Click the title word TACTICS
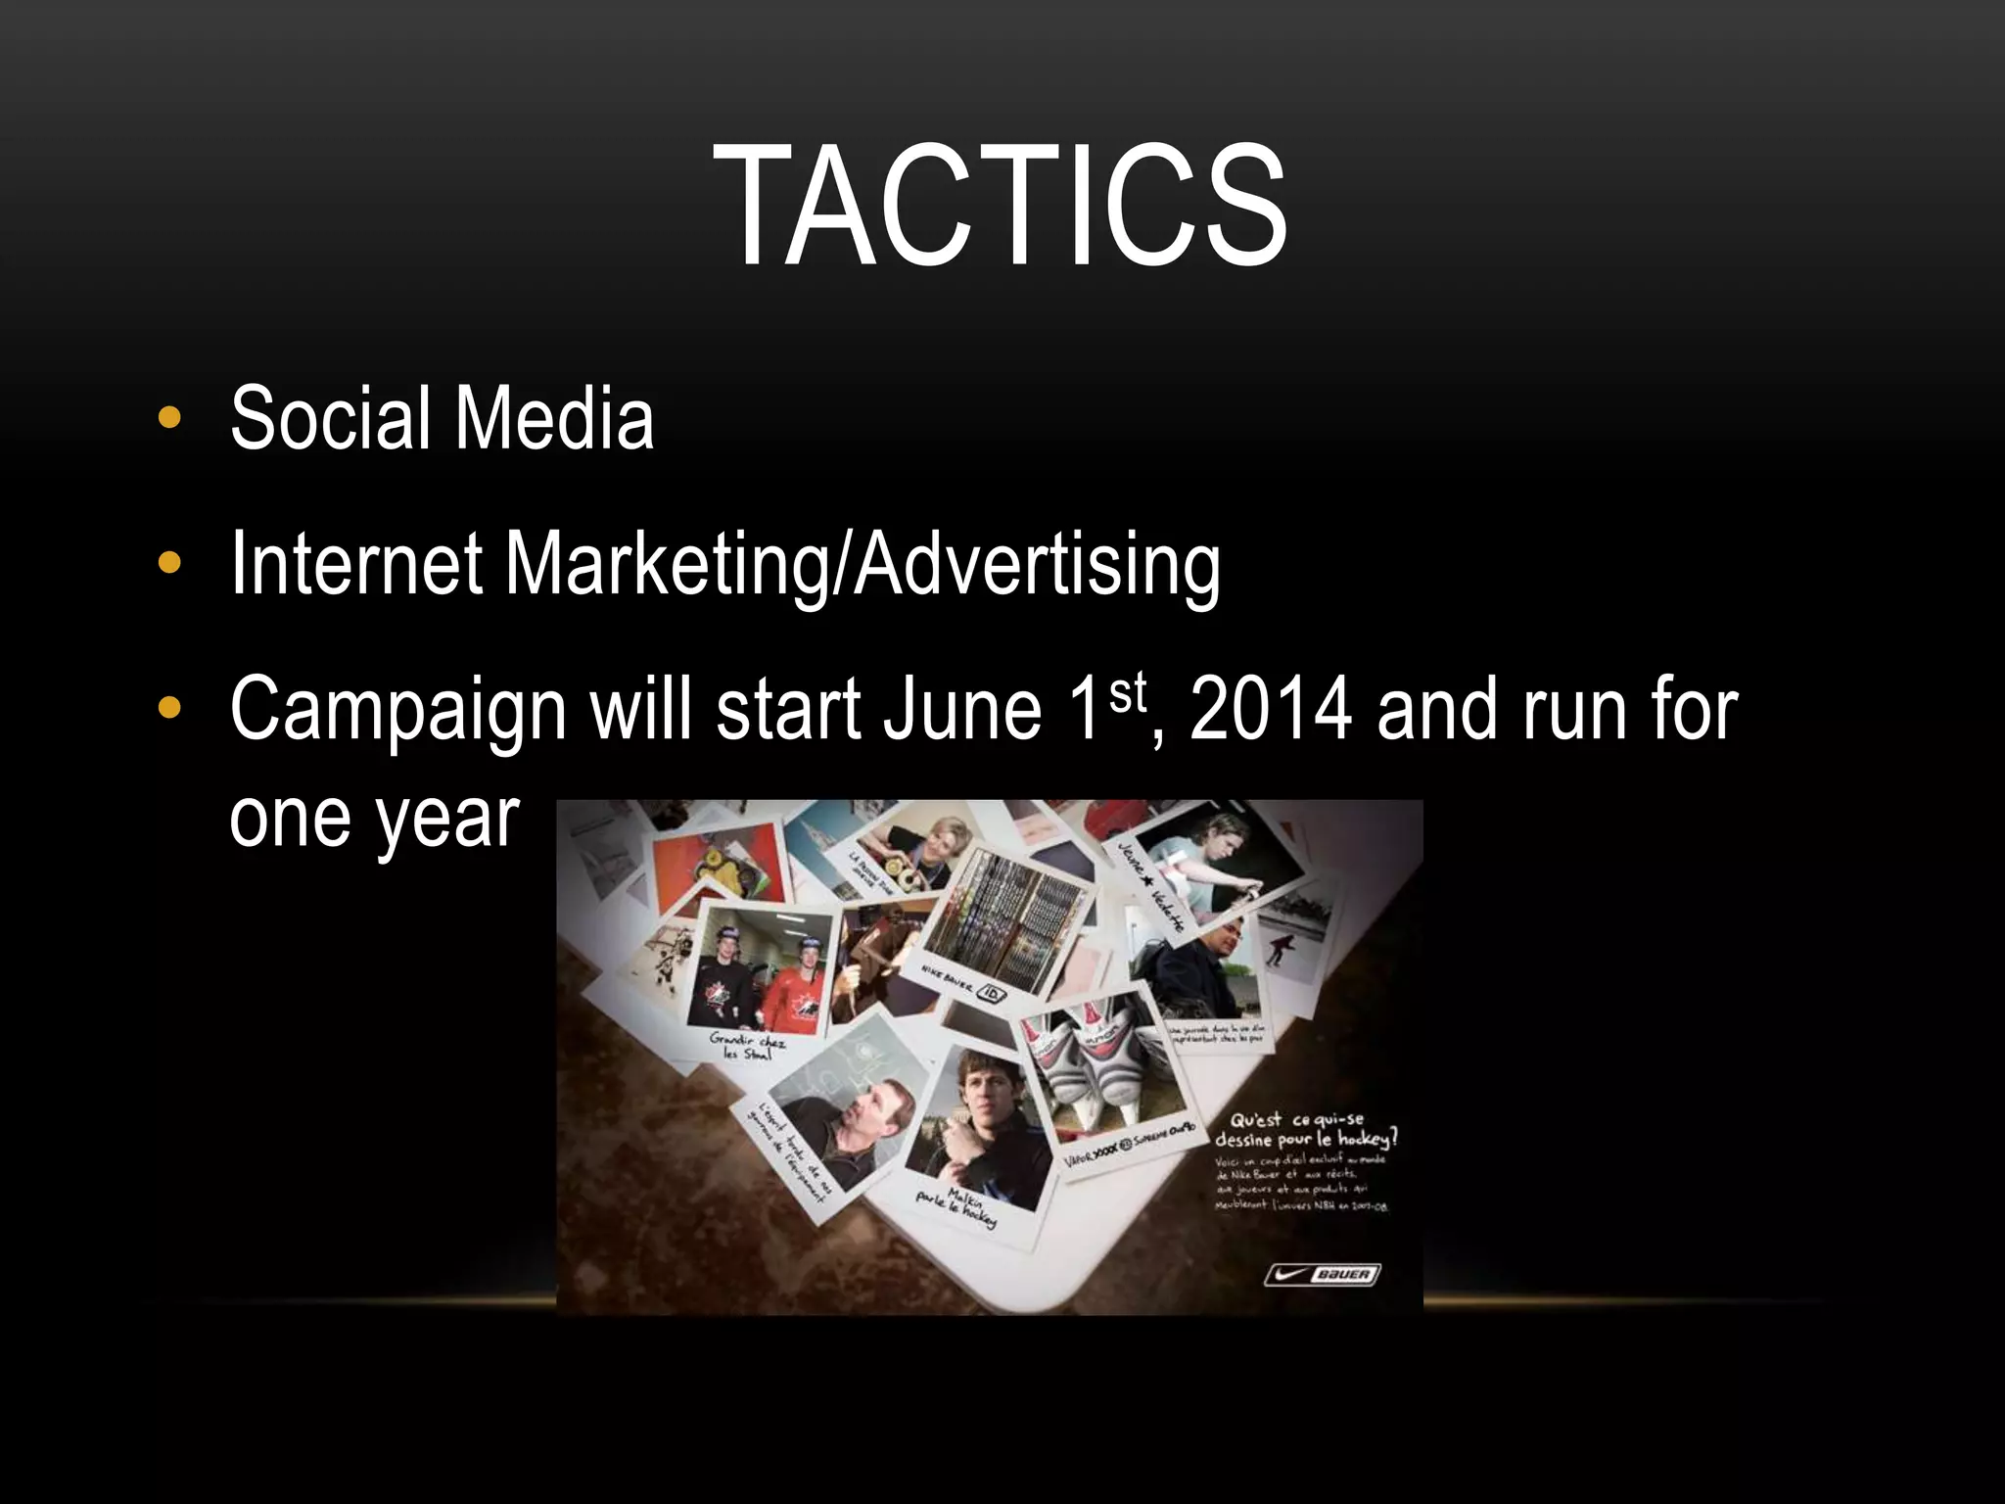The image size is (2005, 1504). (1000, 206)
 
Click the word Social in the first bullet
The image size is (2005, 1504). (330, 418)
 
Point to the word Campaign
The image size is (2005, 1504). (397, 710)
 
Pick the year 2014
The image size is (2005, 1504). (1271, 710)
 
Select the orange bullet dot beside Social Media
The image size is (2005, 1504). (169, 418)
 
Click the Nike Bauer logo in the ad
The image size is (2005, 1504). (1322, 1274)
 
